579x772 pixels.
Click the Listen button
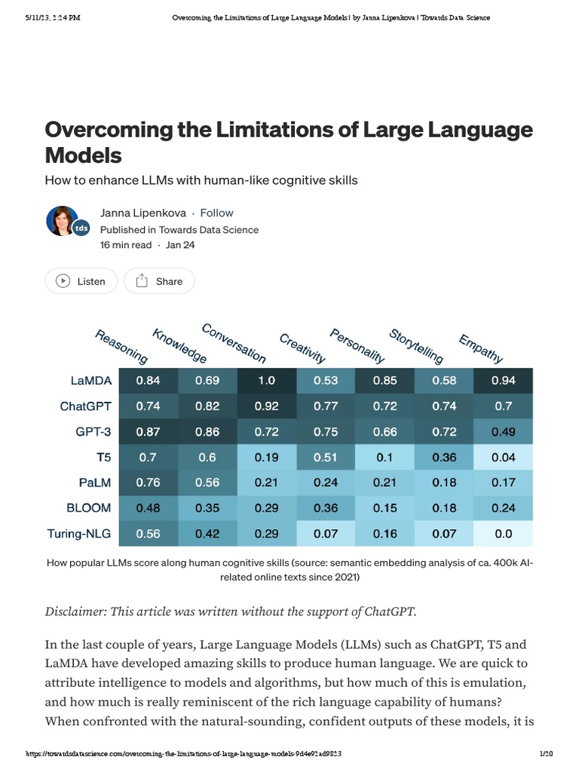tap(81, 281)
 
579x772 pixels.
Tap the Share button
tap(159, 281)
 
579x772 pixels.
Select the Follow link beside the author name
tap(216, 213)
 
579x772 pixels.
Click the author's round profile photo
tap(62, 220)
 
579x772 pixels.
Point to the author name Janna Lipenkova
tap(143, 213)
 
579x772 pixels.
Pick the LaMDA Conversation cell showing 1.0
tap(267, 381)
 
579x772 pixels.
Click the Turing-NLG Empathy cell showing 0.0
tap(503, 534)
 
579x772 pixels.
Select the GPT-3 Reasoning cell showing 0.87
tap(148, 432)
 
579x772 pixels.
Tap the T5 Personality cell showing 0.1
tap(384, 458)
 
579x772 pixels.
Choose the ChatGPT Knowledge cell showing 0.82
tap(207, 406)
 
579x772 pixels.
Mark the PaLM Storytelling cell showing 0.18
tap(444, 483)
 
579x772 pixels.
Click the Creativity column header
tap(302, 348)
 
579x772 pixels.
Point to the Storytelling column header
tap(416, 346)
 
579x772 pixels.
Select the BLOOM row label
tap(88, 508)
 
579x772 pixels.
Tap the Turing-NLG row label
tap(78, 534)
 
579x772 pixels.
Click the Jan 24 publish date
tap(180, 245)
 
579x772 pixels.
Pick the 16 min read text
tap(126, 245)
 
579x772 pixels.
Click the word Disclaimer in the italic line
tap(76, 611)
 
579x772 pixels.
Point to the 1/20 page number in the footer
tap(547, 754)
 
